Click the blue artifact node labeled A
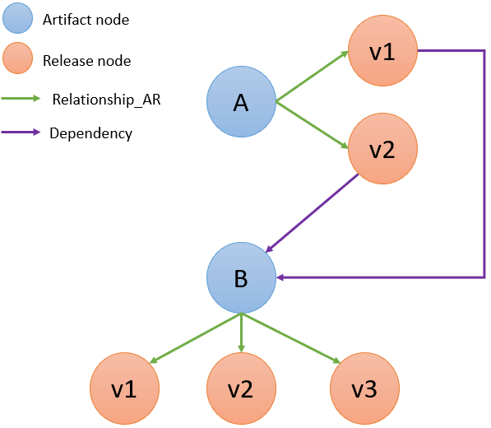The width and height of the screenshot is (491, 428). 241,101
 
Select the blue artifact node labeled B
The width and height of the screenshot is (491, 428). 241,277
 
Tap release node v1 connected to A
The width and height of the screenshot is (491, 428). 382,51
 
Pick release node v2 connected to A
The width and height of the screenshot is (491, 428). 382,148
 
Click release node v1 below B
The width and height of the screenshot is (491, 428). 125,388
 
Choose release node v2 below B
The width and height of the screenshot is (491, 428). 241,388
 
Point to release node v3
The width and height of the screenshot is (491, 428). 364,388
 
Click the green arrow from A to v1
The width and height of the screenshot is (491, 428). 313,77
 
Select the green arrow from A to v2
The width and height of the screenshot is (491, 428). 313,125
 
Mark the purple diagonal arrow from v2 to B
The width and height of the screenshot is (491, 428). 312,213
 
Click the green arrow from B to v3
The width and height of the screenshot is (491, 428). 290,337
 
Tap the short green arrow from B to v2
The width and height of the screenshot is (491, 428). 241,333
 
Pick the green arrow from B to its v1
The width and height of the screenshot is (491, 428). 196,337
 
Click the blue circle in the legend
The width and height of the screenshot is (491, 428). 17,18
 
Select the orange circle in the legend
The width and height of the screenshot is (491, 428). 17,58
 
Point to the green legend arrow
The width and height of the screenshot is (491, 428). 21,99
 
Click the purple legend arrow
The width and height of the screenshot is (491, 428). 21,133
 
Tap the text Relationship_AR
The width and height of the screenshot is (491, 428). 106,100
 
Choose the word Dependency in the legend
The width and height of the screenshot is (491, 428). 90,133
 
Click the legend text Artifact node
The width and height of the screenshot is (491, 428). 86,20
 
